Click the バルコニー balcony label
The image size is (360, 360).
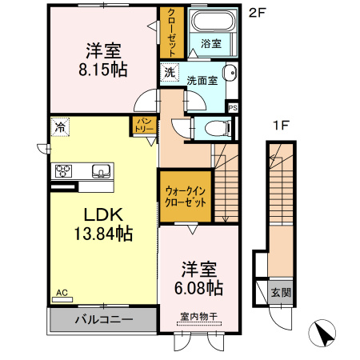coord(104,319)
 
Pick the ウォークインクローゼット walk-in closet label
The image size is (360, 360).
coord(186,197)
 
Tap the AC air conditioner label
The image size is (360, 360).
coord(62,294)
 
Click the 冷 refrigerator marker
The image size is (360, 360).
coord(60,126)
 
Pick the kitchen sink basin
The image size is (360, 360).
coord(102,170)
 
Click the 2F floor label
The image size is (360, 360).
coord(255,13)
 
